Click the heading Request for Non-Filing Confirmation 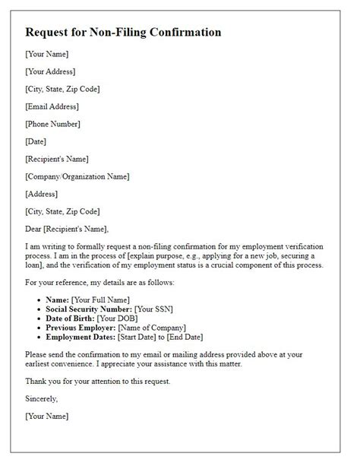coord(123,33)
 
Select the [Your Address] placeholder coord(50,71)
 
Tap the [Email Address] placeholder coord(53,106)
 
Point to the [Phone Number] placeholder coord(52,124)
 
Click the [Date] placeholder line coord(36,141)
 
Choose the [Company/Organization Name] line coord(77,176)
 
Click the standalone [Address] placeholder coord(43,194)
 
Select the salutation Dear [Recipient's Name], coord(67,229)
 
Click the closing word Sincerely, coord(43,398)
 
